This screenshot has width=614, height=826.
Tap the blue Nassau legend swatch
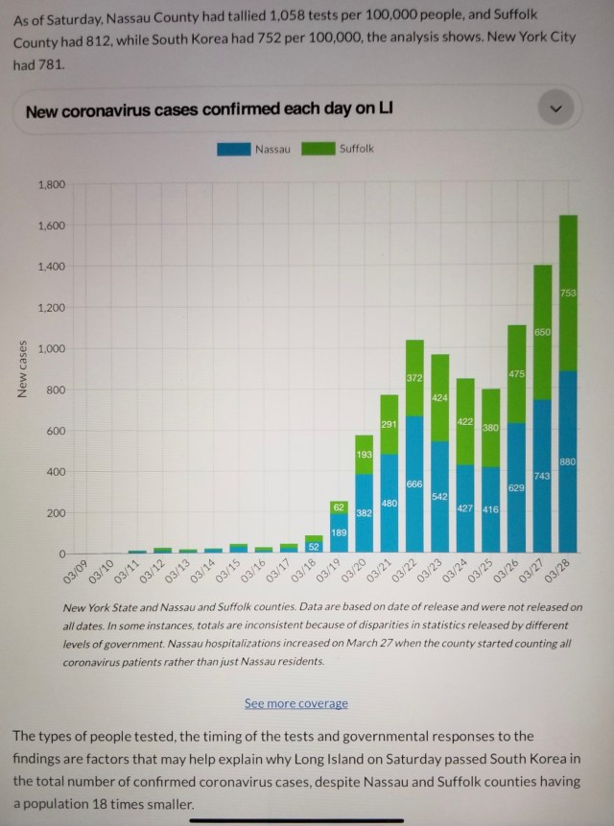[x=234, y=149]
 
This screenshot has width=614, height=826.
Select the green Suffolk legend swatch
[x=319, y=149]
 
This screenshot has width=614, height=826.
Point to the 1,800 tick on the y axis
[x=50, y=184]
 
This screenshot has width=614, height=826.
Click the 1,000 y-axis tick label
[x=50, y=349]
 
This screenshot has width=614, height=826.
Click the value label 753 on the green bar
[x=568, y=292]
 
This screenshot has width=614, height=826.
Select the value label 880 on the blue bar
[x=567, y=462]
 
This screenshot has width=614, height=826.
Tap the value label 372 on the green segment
[x=414, y=380]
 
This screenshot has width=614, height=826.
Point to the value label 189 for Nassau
[x=340, y=532]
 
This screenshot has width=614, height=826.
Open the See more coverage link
[x=295, y=703]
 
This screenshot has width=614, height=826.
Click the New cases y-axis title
[x=21, y=369]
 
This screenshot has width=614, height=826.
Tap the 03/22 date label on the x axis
[x=407, y=572]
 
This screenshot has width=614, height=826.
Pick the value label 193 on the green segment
[x=365, y=454]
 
